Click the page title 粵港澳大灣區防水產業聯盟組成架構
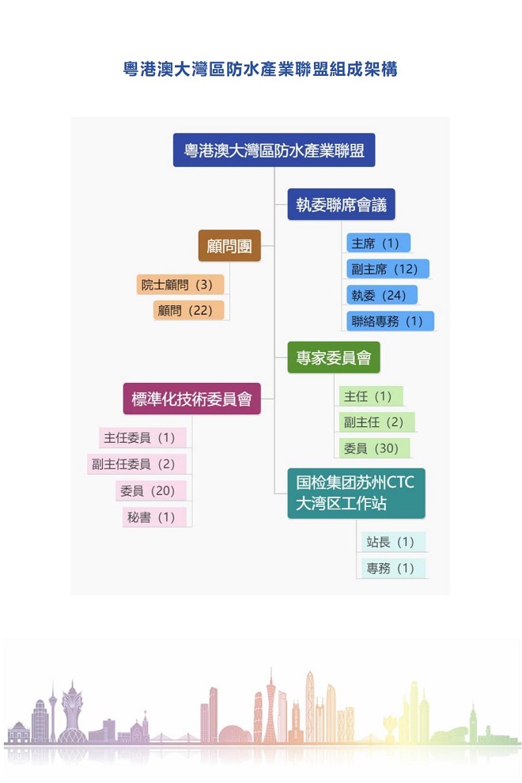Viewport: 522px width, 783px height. pos(260,69)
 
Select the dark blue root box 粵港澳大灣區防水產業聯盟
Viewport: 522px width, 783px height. pos(274,149)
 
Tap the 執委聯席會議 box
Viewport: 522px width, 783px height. pos(341,204)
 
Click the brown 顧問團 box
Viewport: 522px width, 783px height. pos(229,246)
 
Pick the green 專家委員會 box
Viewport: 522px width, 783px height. pos(334,357)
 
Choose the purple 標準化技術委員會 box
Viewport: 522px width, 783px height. pos(192,399)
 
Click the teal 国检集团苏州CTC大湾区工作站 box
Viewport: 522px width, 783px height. pos(356,493)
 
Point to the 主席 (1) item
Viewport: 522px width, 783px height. pos(378,243)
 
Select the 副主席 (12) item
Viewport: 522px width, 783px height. pos(388,269)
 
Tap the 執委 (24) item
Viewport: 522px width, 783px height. pos(382,295)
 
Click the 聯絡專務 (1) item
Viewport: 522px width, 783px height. pos(390,320)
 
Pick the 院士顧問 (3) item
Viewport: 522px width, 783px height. pos(180,284)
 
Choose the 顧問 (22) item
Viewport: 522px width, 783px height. pos(188,310)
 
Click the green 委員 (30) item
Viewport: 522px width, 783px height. pos(374,448)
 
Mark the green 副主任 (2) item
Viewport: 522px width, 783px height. pos(376,422)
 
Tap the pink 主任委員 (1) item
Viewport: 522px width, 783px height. pos(142,437)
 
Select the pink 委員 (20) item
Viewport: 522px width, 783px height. pos(151,490)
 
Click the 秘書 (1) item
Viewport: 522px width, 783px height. pos(154,516)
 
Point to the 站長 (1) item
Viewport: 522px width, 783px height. pos(393,542)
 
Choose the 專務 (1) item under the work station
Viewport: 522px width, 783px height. pos(393,568)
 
